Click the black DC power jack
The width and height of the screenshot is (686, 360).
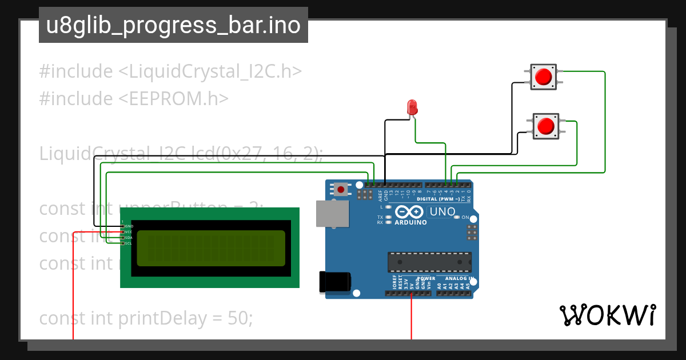(x=334, y=282)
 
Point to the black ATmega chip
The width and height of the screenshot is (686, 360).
(x=429, y=261)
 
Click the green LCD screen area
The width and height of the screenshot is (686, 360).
(x=211, y=248)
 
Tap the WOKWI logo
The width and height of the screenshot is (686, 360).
(x=608, y=315)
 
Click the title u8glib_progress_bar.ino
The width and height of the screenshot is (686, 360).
(x=173, y=26)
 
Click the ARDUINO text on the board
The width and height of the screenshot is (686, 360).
(x=410, y=222)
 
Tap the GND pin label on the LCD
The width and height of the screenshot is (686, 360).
(x=129, y=226)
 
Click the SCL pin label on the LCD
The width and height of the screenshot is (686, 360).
(x=129, y=243)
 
